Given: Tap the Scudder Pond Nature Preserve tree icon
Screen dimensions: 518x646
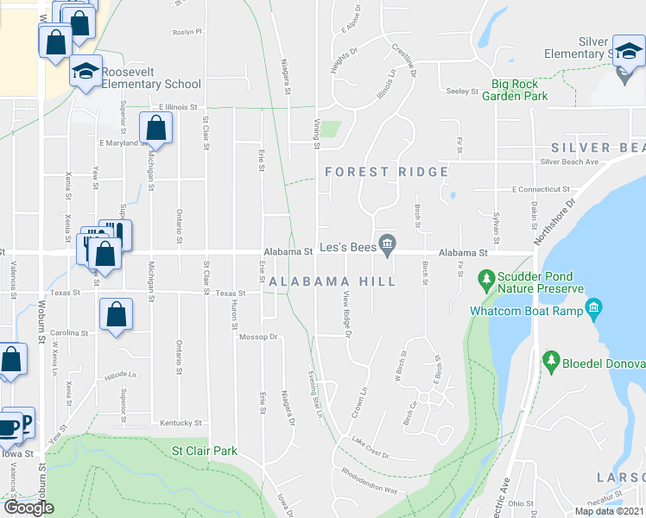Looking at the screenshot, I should [x=486, y=280].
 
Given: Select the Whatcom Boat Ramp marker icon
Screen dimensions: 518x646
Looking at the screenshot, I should [x=592, y=308].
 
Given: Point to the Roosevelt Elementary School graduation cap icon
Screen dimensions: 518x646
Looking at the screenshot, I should [x=85, y=72].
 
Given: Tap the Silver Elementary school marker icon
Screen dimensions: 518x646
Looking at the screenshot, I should [x=625, y=51].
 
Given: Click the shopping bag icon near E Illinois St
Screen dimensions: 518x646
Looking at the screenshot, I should [x=156, y=129].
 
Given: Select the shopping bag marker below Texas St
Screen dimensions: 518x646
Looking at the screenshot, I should [x=115, y=314].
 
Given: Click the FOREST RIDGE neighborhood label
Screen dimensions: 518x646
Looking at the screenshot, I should [x=387, y=172].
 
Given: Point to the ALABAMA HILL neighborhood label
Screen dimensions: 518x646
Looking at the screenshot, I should [x=332, y=281].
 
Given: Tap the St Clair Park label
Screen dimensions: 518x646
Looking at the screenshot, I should [x=204, y=451].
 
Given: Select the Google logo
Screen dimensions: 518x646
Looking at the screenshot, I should [x=28, y=508].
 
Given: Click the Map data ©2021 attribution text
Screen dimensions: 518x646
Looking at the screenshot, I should [x=608, y=511].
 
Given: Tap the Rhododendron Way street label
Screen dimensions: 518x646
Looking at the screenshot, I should [x=369, y=489].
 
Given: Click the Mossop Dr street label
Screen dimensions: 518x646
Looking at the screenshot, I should [x=258, y=337].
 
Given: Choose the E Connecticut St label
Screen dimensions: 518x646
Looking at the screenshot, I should [x=541, y=189].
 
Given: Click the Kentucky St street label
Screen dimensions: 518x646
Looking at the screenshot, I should [x=180, y=423].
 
